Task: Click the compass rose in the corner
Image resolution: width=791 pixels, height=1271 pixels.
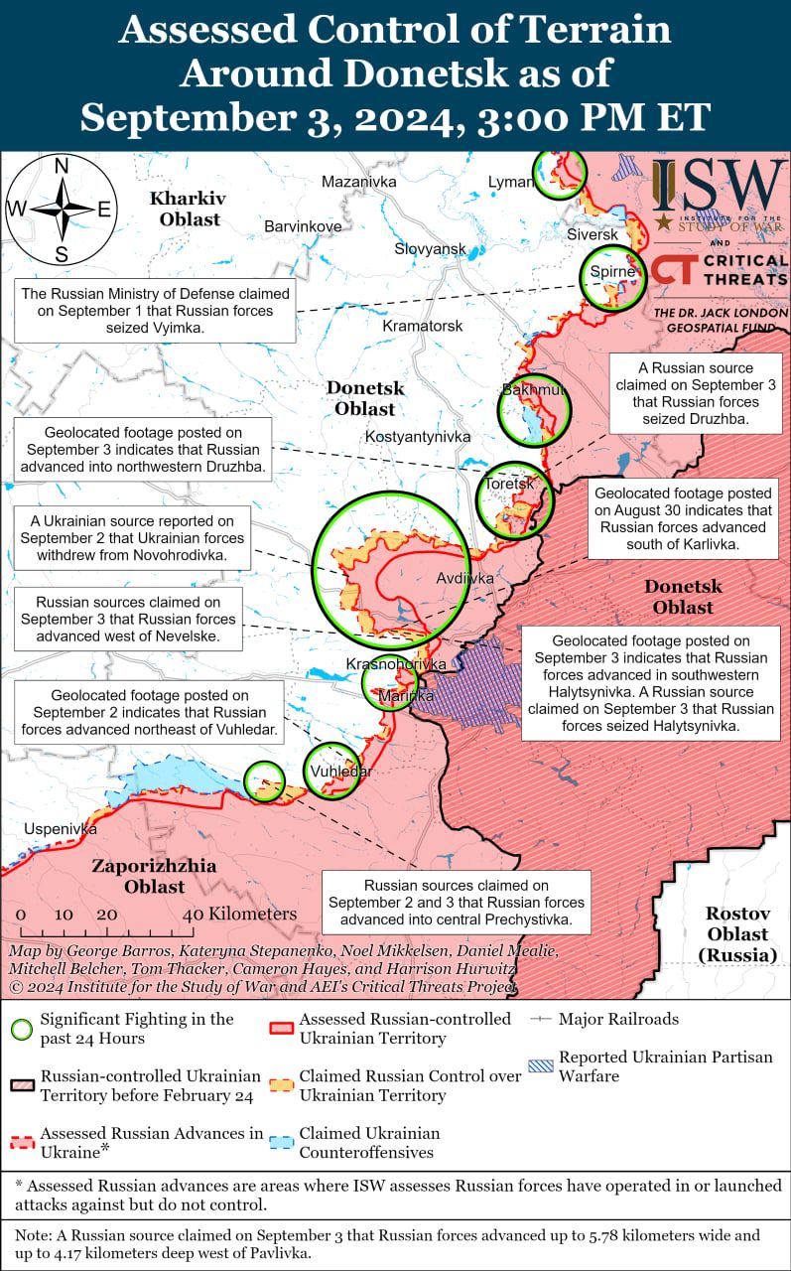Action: pos(62,210)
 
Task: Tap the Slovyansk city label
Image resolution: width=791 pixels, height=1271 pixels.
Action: pos(430,248)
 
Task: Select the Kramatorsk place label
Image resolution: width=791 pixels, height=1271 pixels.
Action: pos(423,326)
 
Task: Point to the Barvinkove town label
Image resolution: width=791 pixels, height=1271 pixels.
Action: pos(303,226)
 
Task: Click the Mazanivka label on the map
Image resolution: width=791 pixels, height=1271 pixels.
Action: pos(358,182)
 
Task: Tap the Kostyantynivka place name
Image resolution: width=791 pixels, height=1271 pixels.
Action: pos(418,436)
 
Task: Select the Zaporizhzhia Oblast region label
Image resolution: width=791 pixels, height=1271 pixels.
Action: pos(154,876)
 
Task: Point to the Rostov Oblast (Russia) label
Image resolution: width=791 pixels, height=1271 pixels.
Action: pos(737,934)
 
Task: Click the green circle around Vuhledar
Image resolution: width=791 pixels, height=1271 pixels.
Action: pos(331,770)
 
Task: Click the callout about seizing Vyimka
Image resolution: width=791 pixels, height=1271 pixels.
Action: pos(156,311)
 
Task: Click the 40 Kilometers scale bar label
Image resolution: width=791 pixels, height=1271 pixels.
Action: pos(239,914)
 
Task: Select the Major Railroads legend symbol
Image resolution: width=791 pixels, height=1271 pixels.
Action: pos(541,1020)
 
